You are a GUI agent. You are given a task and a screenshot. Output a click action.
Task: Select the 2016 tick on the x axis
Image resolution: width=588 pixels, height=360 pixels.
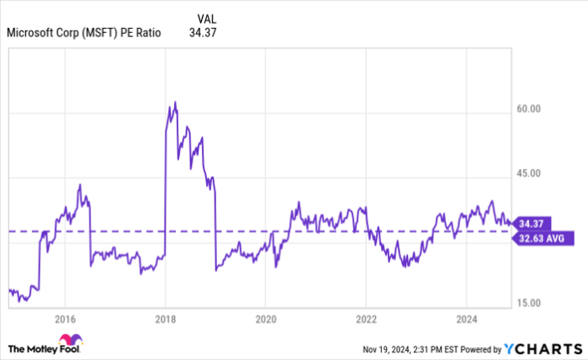[x=65, y=319]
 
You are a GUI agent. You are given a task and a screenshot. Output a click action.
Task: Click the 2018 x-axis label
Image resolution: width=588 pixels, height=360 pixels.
[x=166, y=319]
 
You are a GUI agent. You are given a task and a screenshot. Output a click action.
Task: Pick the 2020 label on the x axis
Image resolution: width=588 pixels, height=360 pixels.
[x=265, y=319]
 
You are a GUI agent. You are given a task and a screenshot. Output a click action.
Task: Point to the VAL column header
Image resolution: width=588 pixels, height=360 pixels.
[x=205, y=18]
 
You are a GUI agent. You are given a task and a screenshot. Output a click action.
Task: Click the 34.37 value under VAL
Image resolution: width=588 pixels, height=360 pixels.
[x=205, y=33]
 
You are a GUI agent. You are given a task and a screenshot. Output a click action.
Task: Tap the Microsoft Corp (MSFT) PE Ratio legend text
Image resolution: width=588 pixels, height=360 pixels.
[x=83, y=33]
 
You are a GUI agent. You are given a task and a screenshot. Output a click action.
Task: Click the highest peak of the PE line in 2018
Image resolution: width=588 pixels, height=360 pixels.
[x=175, y=102]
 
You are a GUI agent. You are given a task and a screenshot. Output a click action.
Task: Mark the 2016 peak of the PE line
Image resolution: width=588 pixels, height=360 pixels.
[x=79, y=184]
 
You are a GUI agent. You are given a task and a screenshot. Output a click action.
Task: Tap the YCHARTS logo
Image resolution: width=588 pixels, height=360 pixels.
[x=540, y=348]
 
